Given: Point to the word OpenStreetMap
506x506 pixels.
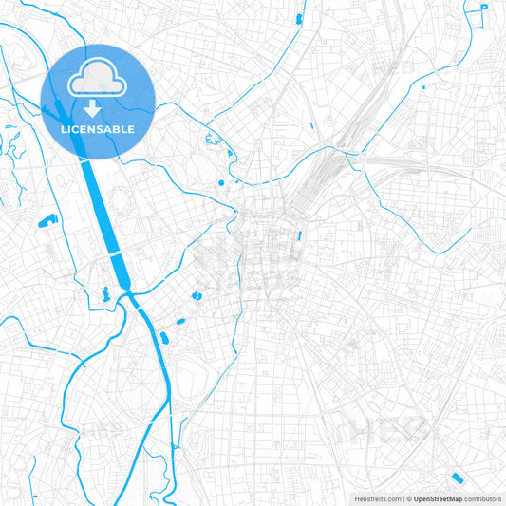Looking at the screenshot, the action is click(438, 498).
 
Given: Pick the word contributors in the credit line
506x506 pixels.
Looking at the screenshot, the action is click(483, 498).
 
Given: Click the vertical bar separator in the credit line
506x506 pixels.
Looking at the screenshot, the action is click(405, 498).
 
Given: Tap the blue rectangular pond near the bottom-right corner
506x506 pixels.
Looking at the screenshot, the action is click(458, 477).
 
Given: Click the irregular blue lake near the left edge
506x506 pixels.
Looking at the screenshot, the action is click(47, 221).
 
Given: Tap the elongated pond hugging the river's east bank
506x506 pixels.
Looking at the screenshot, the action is click(164, 336).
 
